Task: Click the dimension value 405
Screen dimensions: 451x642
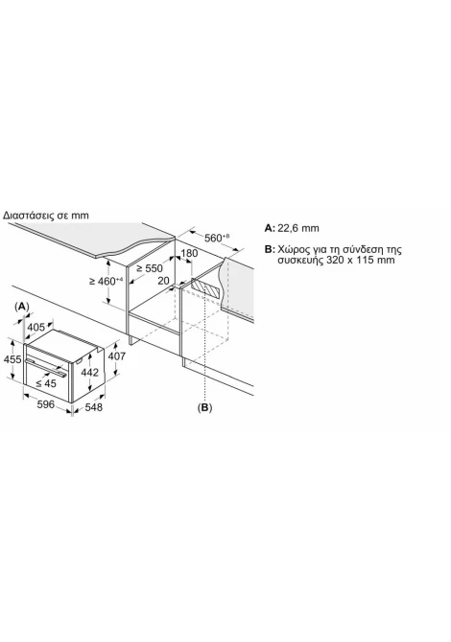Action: (36, 327)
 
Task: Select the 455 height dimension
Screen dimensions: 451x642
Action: (12, 359)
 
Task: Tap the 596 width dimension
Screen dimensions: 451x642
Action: (45, 404)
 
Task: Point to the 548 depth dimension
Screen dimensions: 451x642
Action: (94, 407)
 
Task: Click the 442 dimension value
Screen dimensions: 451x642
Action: (90, 372)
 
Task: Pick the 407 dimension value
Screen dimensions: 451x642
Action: (116, 356)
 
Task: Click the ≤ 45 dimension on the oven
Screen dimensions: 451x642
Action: (45, 383)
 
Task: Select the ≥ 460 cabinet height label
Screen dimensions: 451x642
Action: (107, 282)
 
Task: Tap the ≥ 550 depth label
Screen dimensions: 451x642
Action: (150, 268)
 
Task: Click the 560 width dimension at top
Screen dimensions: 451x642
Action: (217, 238)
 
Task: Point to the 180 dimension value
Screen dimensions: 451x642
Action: (189, 253)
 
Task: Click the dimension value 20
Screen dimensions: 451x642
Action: (163, 281)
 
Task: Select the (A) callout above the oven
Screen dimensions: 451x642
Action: (22, 307)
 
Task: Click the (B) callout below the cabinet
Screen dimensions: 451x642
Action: (204, 407)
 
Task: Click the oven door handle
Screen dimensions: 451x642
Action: (46, 367)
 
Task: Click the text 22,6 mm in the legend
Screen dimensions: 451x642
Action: (298, 228)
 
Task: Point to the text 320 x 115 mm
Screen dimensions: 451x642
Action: (361, 260)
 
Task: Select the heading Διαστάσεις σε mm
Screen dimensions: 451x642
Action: (46, 215)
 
